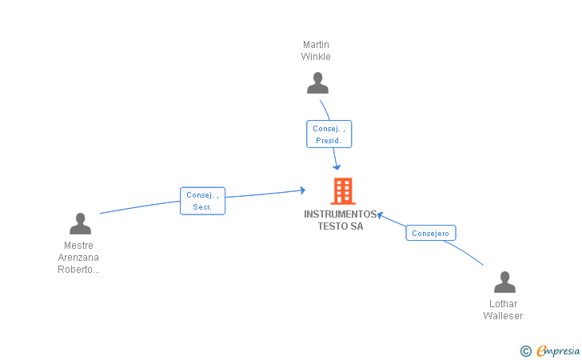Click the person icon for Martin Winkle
[317, 83]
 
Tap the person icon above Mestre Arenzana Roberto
[80, 223]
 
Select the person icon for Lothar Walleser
[504, 282]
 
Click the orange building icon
[343, 191]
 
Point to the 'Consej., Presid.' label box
[329, 134]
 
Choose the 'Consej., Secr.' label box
[203, 201]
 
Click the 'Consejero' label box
[431, 233]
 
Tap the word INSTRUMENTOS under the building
[341, 214]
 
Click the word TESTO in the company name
[330, 226]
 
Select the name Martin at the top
[316, 45]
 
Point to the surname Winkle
[316, 57]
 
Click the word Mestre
[78, 246]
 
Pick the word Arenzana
[78, 258]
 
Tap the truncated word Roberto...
[78, 270]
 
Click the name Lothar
[504, 303]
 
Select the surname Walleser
[504, 316]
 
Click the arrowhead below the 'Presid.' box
[337, 167]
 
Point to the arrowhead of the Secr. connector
[303, 190]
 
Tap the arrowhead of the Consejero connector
[380, 215]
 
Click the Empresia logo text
[558, 350]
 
